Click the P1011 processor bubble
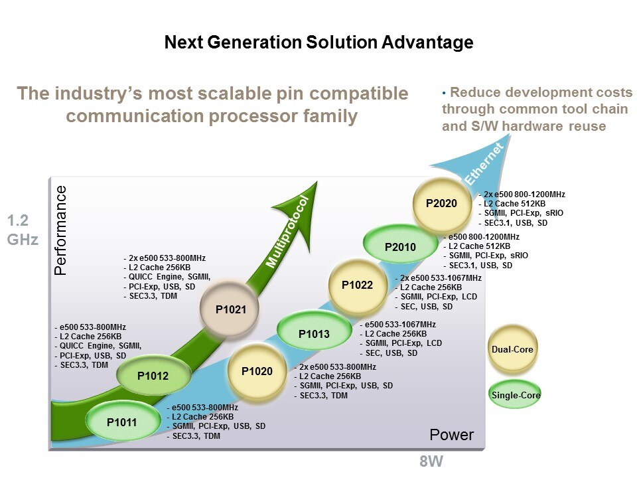pos(121,421)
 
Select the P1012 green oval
pos(153,376)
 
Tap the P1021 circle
pos(230,309)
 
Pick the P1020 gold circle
pos(257,371)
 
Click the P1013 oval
pos(314,334)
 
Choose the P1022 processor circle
pos(358,285)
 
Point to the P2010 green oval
pos(400,248)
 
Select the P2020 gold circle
pos(441,203)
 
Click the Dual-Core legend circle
pos(512,349)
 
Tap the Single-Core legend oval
pos(516,396)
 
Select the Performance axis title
pos(61,230)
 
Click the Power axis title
pos(452,436)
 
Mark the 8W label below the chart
pos(431,462)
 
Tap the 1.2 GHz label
pos(23,230)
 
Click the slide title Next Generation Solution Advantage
pos(318,43)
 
